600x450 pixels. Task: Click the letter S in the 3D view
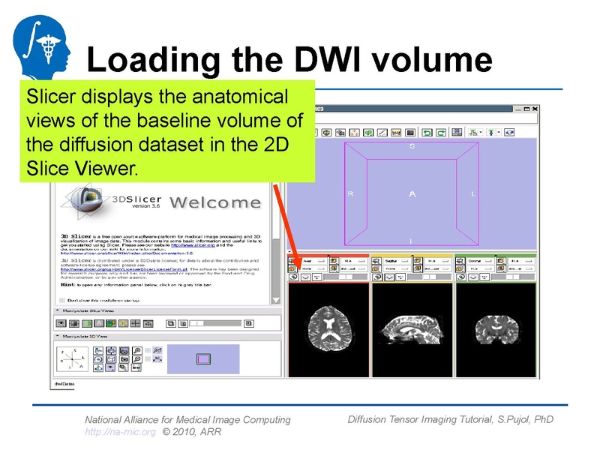point(412,147)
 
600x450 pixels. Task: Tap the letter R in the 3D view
point(350,194)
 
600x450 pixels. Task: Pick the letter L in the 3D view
point(473,194)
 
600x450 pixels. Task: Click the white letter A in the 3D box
point(412,194)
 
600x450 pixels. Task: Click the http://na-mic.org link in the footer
point(120,432)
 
